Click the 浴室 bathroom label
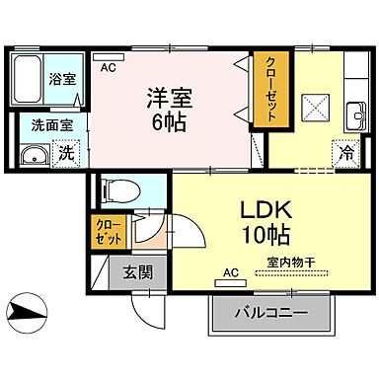point(62,78)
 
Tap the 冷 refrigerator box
point(344,153)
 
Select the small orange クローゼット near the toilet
point(111,234)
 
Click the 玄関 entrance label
point(136,272)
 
